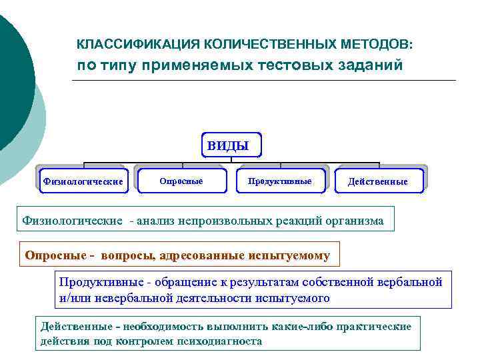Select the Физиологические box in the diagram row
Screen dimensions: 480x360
(83, 181)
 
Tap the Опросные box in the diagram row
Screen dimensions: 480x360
(181, 181)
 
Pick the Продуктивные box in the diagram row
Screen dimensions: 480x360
(279, 181)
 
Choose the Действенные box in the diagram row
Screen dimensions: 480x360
(378, 181)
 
